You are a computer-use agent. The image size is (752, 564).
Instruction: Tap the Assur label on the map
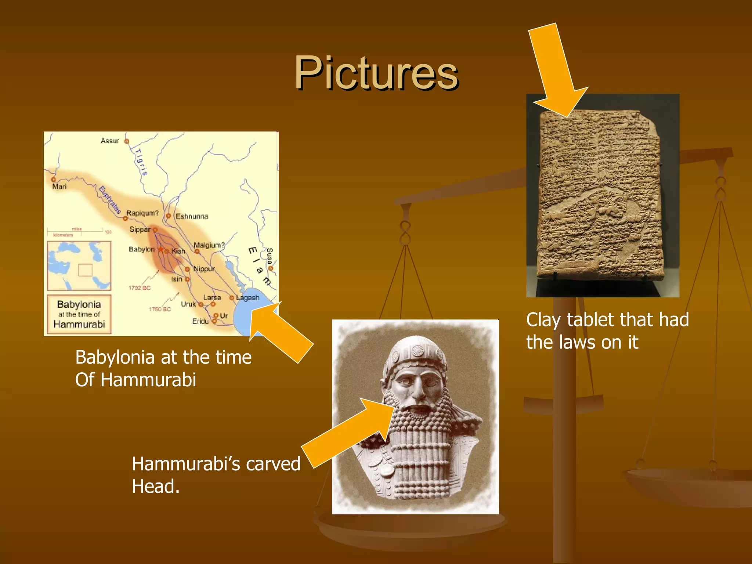pos(110,141)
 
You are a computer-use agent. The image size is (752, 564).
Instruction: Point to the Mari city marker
pos(54,180)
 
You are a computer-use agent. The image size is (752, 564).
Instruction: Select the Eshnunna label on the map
pos(192,217)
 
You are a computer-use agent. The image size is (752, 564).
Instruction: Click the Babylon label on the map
pos(142,249)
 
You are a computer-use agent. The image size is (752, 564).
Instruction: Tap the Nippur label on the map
pos(204,269)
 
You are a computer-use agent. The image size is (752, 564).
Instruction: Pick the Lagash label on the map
pos(248,298)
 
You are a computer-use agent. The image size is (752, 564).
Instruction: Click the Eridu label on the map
pos(200,321)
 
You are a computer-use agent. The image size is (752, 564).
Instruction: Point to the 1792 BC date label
pos(140,288)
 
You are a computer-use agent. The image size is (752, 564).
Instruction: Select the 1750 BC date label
pos(160,309)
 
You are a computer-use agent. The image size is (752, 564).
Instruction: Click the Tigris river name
pos(141,162)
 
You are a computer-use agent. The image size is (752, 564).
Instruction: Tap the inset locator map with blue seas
pos(79,266)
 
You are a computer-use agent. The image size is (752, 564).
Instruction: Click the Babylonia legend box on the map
pos(79,314)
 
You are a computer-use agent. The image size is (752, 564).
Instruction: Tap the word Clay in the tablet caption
pos(543,320)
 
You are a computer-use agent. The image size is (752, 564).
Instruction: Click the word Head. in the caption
pos(156,487)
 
